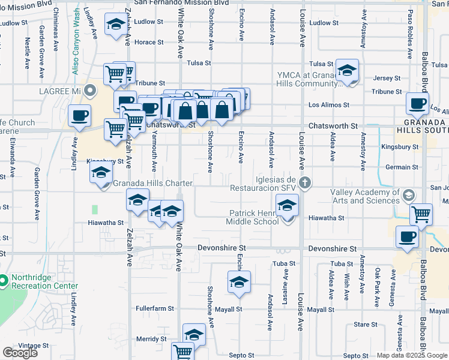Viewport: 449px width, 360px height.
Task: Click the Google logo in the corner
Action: (20, 353)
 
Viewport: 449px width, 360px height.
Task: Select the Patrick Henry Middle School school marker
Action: (288, 206)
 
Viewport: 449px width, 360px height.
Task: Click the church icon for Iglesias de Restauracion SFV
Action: (304, 182)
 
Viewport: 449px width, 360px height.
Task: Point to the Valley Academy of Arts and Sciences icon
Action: (409, 195)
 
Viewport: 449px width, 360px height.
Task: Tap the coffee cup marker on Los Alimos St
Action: (417, 103)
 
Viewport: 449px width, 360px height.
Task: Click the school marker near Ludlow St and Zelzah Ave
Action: (115, 25)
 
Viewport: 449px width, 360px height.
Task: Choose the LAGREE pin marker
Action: (90, 91)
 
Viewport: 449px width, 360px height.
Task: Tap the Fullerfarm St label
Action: (155, 309)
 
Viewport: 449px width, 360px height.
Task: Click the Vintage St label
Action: (34, 346)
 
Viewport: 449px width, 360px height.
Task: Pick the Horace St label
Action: (149, 43)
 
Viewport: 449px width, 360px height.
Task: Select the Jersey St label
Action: (387, 78)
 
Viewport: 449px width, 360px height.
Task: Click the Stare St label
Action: (366, 325)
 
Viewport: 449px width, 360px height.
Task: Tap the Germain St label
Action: (402, 167)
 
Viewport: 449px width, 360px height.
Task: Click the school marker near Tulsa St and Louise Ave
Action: (347, 71)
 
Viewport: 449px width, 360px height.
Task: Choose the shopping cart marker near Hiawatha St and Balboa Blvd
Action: (421, 213)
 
